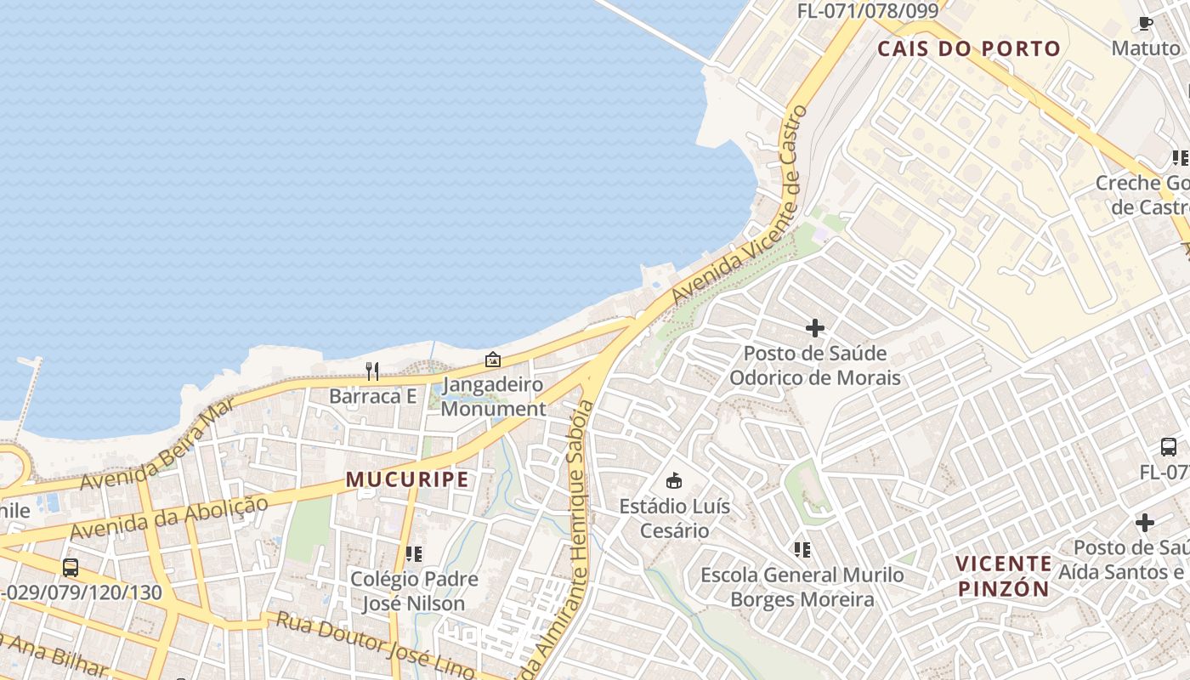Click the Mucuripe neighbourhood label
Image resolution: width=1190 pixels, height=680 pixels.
tap(407, 479)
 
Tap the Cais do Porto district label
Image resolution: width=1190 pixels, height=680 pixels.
tap(969, 48)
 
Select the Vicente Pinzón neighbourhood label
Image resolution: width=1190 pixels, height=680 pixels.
tap(1003, 575)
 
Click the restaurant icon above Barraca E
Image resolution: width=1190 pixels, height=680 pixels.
tap(371, 371)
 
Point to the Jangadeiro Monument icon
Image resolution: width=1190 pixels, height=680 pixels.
tap(492, 360)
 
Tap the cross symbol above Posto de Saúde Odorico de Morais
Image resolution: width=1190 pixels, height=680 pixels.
tap(815, 327)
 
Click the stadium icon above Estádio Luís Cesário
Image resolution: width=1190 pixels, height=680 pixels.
tap(674, 481)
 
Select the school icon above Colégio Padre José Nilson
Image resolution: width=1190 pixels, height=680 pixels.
tap(414, 554)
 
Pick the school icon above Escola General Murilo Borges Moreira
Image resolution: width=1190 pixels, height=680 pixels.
tap(802, 550)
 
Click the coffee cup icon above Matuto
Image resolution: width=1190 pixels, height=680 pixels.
tap(1145, 23)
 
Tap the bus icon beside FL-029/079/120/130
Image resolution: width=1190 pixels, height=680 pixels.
tap(71, 567)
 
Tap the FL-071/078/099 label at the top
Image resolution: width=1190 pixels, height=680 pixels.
tap(867, 11)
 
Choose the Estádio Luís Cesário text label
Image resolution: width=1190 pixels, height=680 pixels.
tap(674, 518)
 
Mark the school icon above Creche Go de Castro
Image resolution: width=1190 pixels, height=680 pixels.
tap(1180, 158)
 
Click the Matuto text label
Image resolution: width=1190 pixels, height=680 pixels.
tap(1146, 48)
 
